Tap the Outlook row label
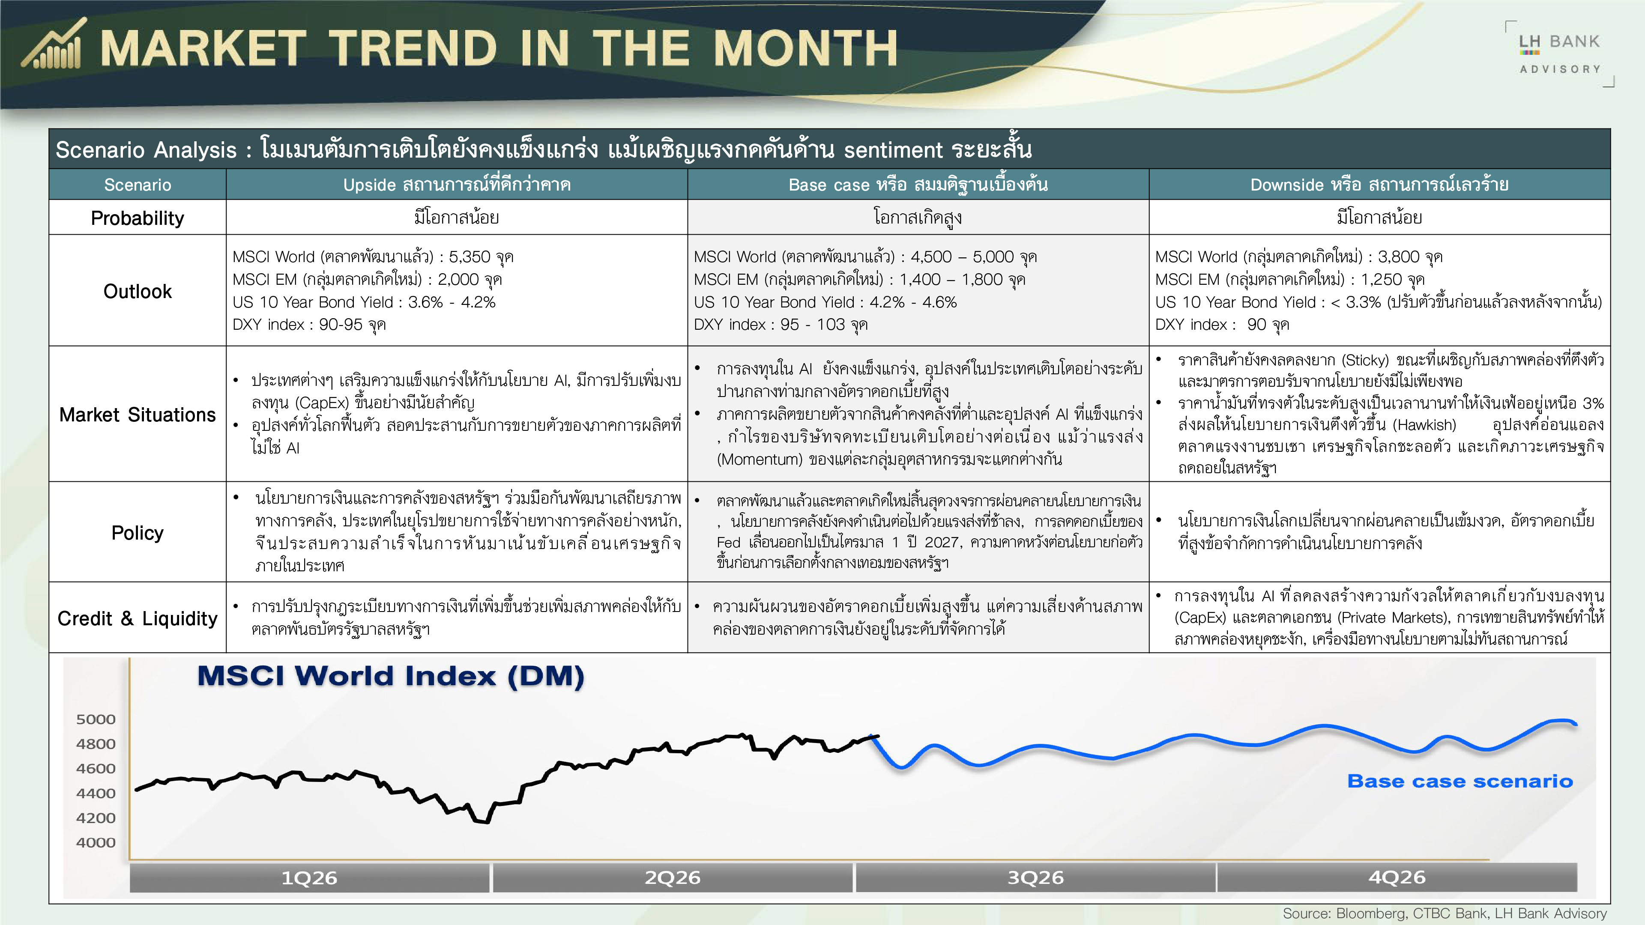click(x=137, y=291)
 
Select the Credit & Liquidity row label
click(x=137, y=618)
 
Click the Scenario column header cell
click(x=137, y=185)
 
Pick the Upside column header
click(x=457, y=185)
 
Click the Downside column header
click(x=1379, y=185)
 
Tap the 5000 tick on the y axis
click(x=96, y=719)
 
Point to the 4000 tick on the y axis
click(x=96, y=843)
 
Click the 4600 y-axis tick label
click(x=96, y=769)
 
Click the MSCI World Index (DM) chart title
click(x=391, y=676)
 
